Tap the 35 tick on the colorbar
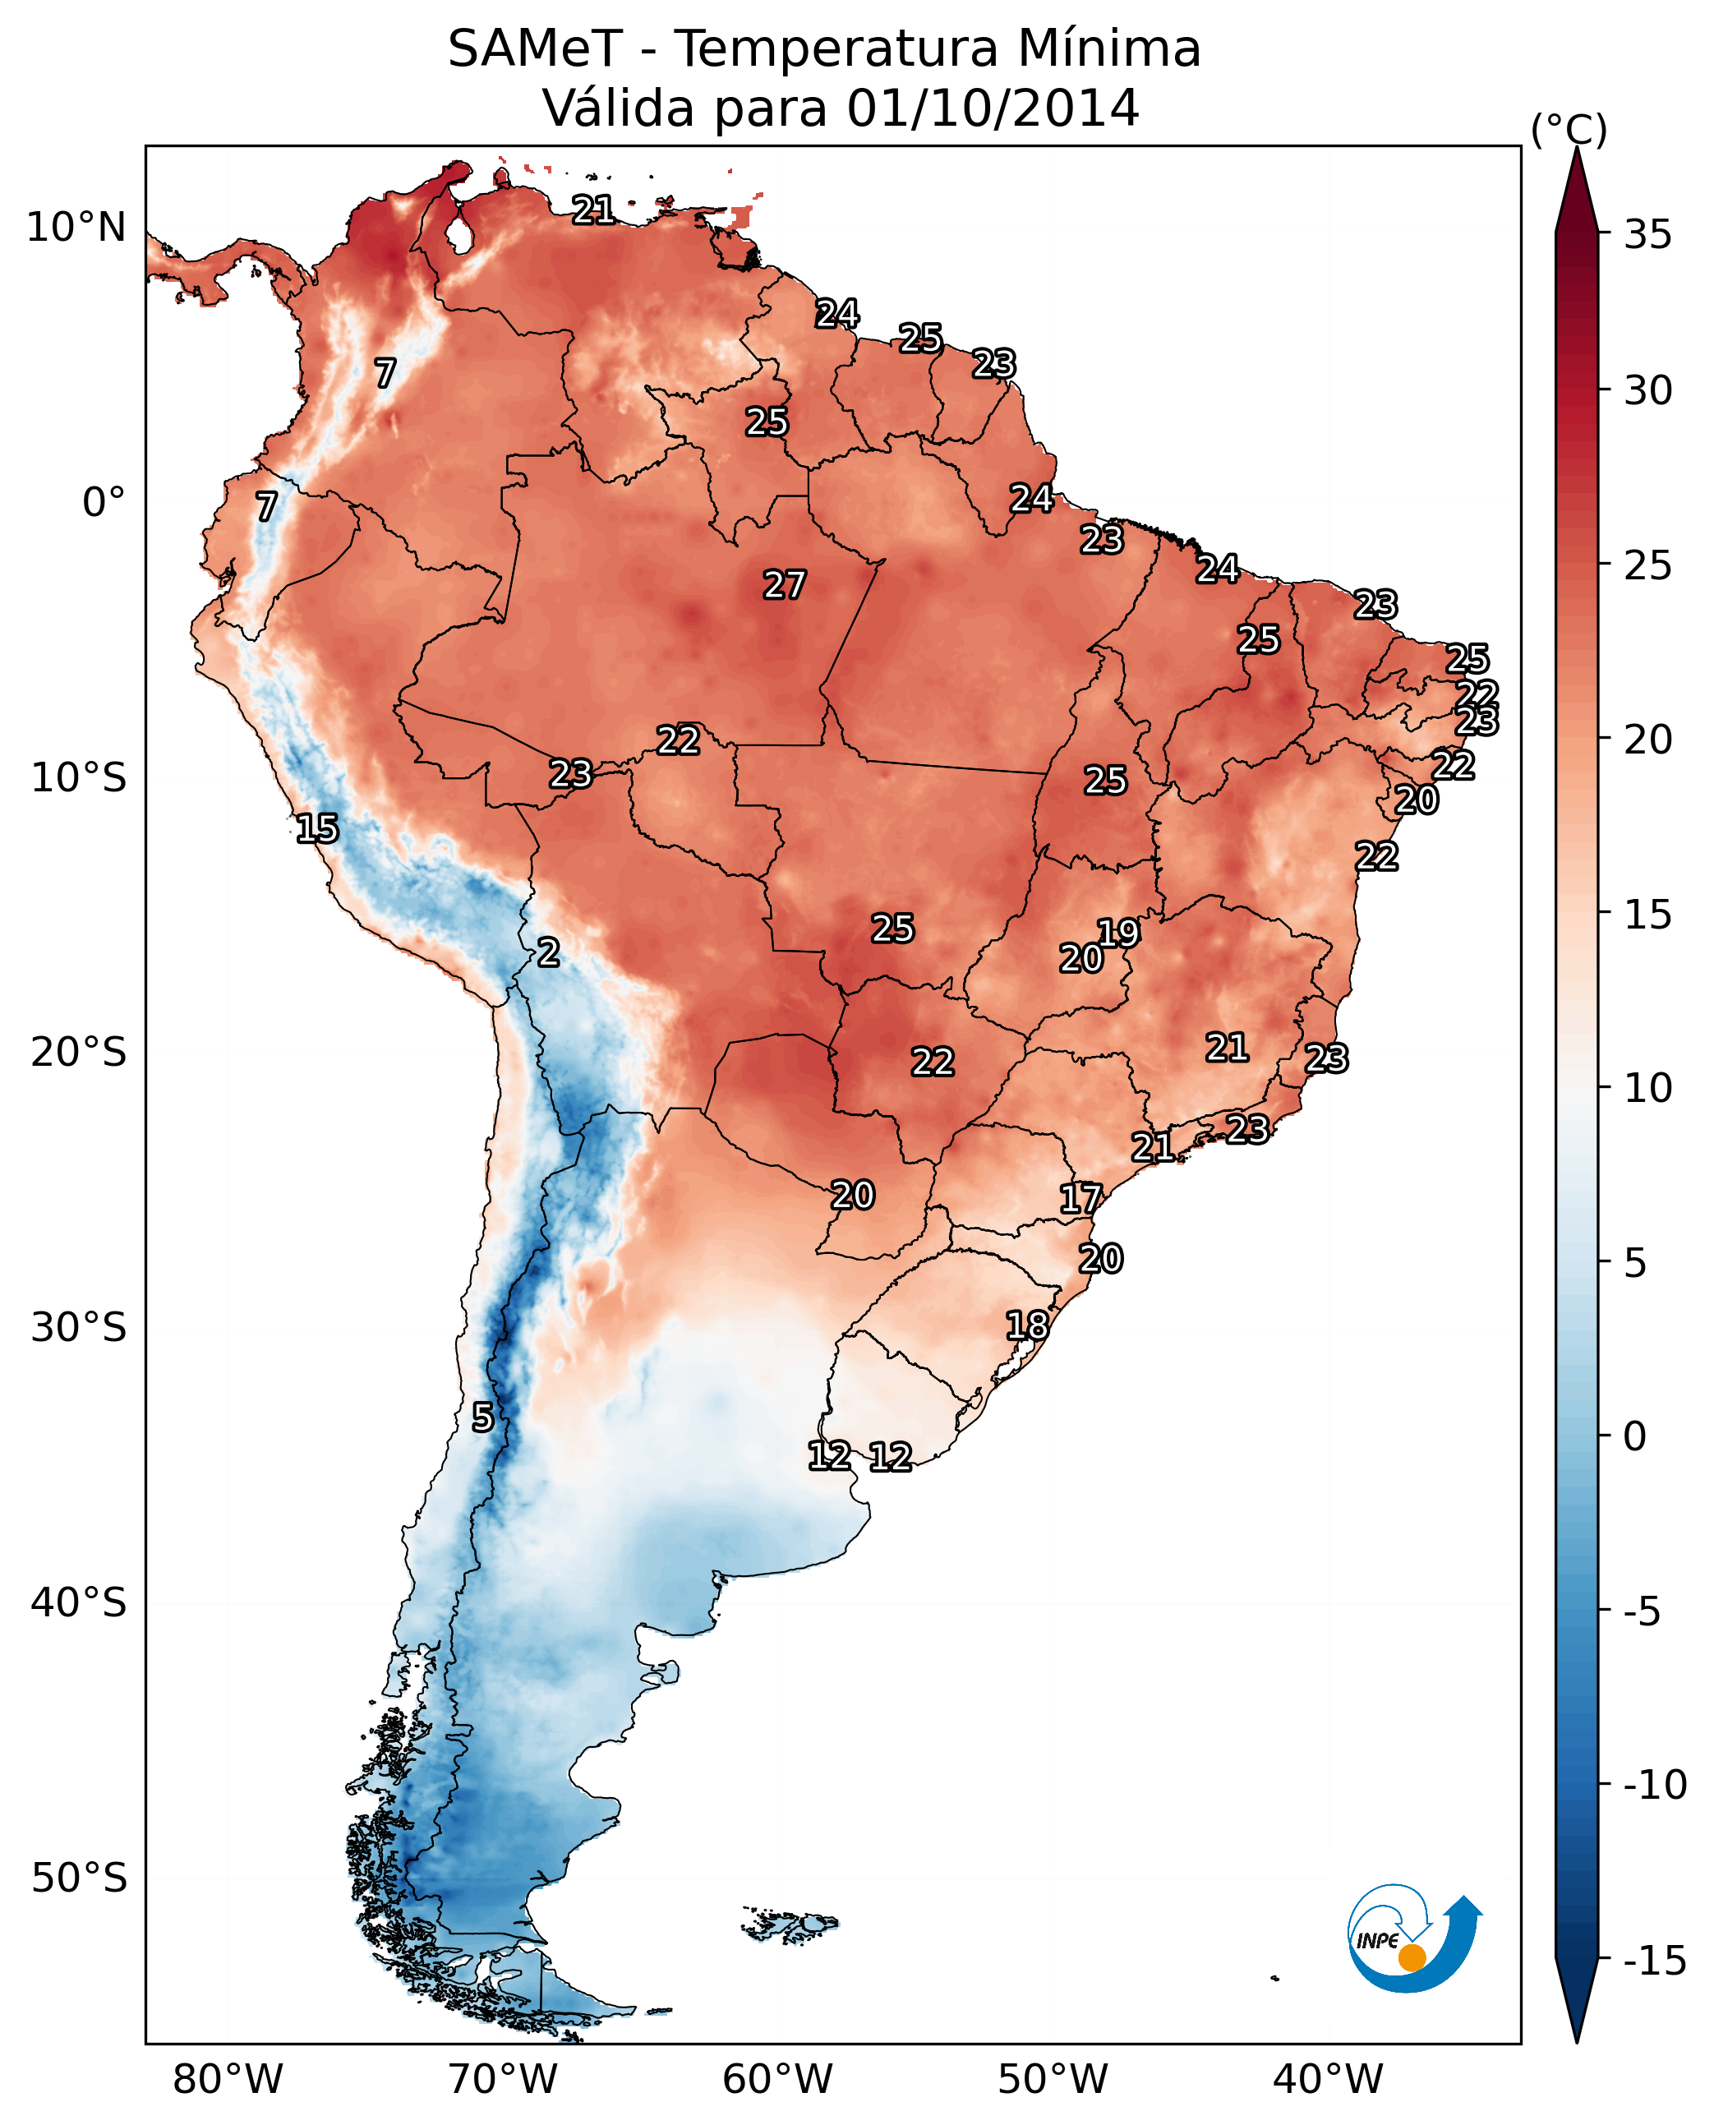1647,235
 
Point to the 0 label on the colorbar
1635,1436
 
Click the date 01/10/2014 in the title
993,108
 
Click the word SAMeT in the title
535,48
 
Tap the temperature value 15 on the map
317,827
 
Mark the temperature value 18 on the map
1027,1325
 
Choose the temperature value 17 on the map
1080,1199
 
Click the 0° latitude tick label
104,503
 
